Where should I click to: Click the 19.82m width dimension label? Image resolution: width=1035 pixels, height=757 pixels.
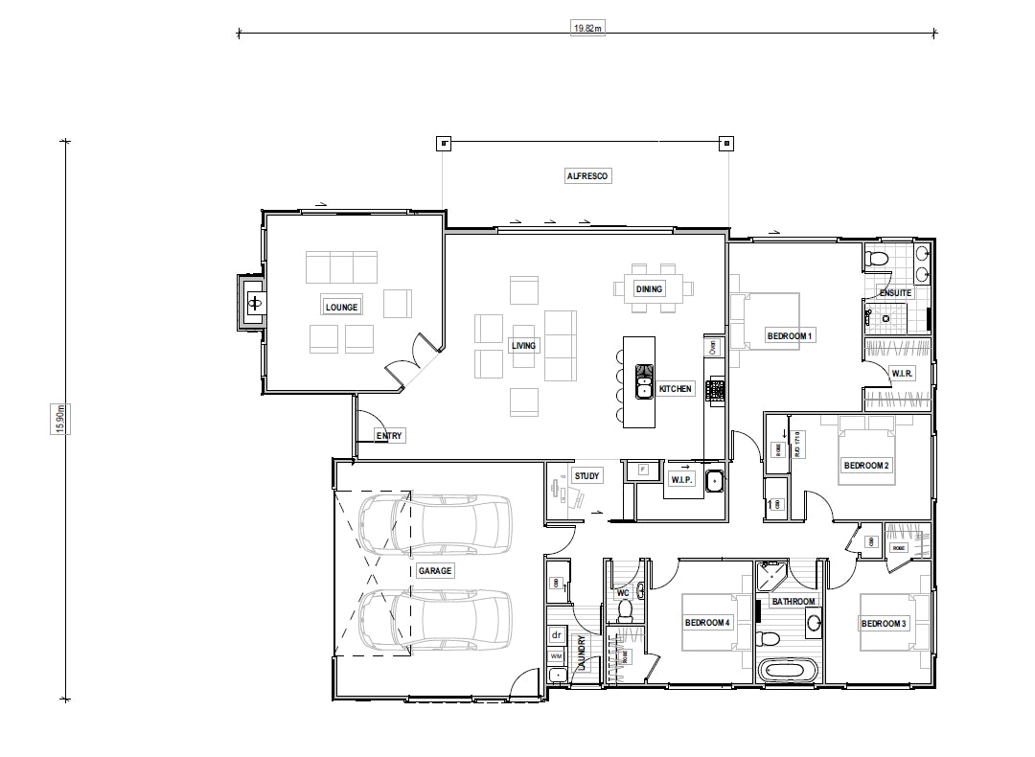pyautogui.click(x=588, y=30)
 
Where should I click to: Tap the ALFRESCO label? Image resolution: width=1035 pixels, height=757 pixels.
pyautogui.click(x=587, y=176)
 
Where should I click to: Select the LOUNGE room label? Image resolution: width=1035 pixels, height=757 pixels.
pyautogui.click(x=341, y=308)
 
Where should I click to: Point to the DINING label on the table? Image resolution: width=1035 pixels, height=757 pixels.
pyautogui.click(x=649, y=288)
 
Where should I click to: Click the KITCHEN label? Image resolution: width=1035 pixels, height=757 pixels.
pyautogui.click(x=676, y=389)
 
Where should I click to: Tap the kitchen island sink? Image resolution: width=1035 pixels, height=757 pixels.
pyautogui.click(x=644, y=387)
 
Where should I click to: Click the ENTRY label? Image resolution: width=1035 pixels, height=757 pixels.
pyautogui.click(x=390, y=436)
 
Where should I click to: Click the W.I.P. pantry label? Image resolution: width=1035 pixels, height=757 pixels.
pyautogui.click(x=681, y=479)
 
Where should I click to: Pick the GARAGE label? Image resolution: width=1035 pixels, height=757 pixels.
pyautogui.click(x=434, y=570)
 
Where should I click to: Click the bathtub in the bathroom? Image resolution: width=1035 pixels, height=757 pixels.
pyautogui.click(x=789, y=670)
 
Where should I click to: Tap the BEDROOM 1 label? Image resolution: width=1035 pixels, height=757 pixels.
pyautogui.click(x=790, y=335)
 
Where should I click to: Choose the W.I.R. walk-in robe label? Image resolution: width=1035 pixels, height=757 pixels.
pyautogui.click(x=901, y=373)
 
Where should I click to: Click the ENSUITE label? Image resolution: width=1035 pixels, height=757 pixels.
pyautogui.click(x=895, y=292)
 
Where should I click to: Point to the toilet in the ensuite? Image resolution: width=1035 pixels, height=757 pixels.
pyautogui.click(x=876, y=258)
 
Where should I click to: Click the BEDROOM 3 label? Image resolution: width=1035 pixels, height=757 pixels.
pyautogui.click(x=883, y=624)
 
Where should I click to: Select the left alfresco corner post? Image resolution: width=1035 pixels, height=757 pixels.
pyautogui.click(x=443, y=144)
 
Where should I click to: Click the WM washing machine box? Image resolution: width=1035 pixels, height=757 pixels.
pyautogui.click(x=556, y=655)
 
